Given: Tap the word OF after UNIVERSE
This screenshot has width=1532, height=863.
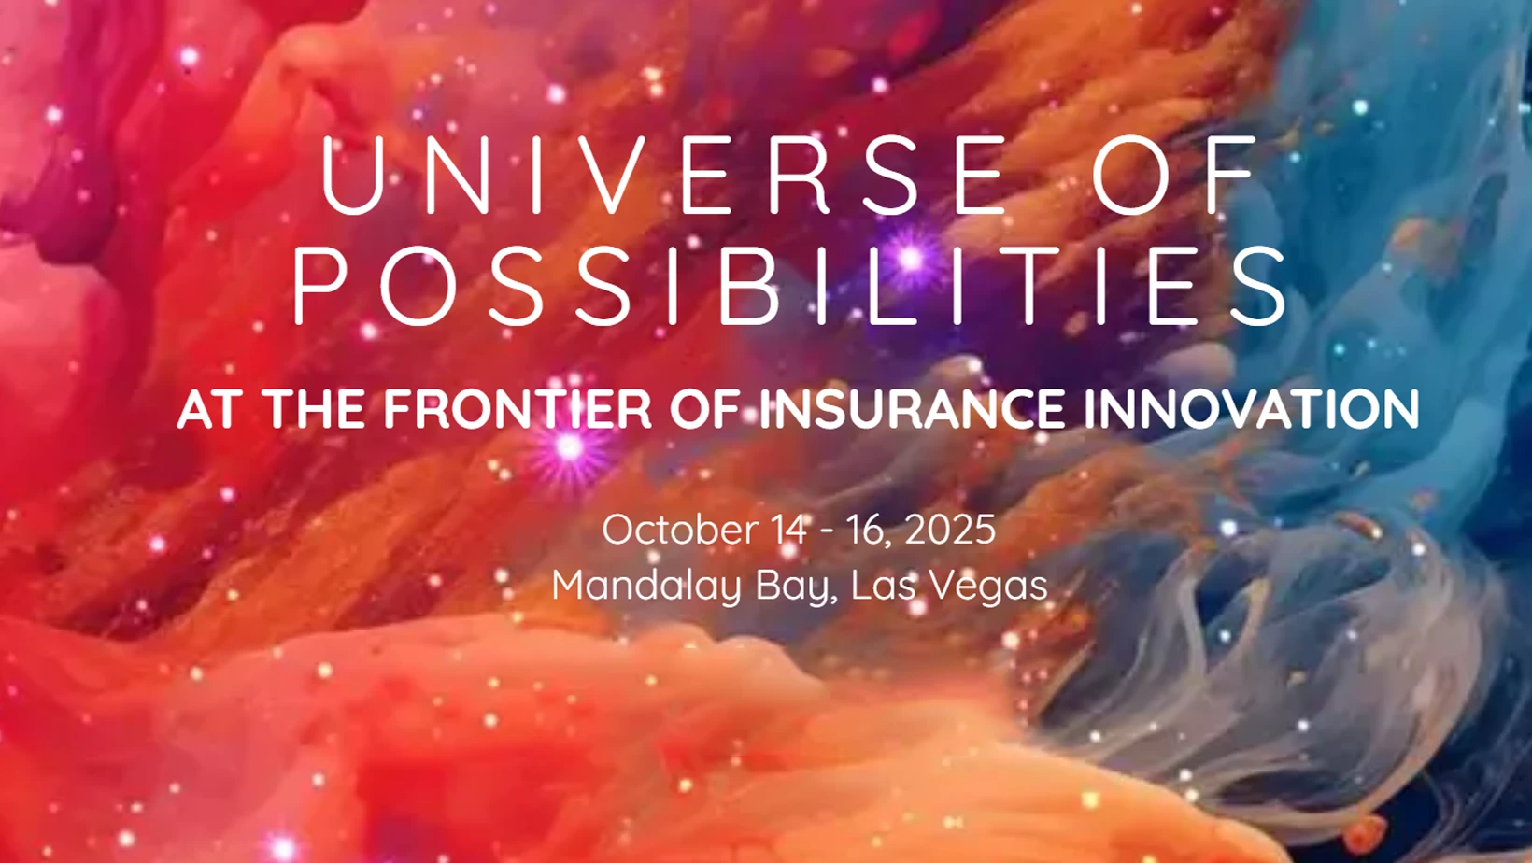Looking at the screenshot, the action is click(x=1175, y=175).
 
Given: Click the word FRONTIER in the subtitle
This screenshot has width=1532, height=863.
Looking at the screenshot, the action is click(x=518, y=409).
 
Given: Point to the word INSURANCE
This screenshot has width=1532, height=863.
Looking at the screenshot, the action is click(x=913, y=409).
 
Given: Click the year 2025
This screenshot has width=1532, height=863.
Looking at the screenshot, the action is click(x=950, y=530).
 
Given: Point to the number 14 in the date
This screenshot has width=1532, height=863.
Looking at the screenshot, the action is click(x=789, y=530).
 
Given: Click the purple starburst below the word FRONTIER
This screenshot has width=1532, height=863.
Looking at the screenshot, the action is click(x=569, y=448).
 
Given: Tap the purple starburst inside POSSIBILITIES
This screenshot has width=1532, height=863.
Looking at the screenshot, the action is click(x=910, y=259).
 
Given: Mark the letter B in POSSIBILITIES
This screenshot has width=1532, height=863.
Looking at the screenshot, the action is click(x=748, y=286).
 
